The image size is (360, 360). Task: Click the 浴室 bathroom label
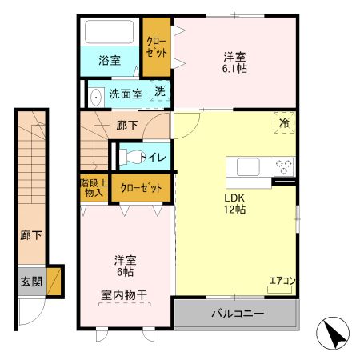110,59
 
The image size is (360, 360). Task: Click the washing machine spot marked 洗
160,93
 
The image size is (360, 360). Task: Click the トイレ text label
153,158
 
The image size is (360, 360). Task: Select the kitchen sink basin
247,167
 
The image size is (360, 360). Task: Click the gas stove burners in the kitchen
284,167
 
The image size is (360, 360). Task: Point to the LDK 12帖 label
234,203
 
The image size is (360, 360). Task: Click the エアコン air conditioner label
282,281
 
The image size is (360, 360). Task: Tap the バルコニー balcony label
237,313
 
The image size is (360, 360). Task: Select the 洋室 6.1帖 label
234,62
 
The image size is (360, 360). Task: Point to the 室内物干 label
124,295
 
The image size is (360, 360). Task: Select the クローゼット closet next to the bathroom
156,47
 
